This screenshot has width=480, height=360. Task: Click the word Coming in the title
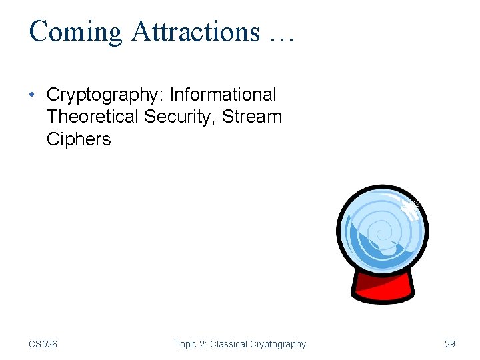pos(76,32)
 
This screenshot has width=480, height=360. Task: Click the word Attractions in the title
pos(195,31)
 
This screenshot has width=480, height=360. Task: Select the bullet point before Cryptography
pos(33,95)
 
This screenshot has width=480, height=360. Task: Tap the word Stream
pos(252,117)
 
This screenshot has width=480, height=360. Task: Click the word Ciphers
pos(79,139)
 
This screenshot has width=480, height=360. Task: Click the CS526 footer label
pos(43,344)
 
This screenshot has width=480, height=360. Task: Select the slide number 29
pos(450,344)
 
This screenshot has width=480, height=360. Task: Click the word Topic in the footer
pos(186,344)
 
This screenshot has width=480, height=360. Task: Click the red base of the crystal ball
pos(383,289)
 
